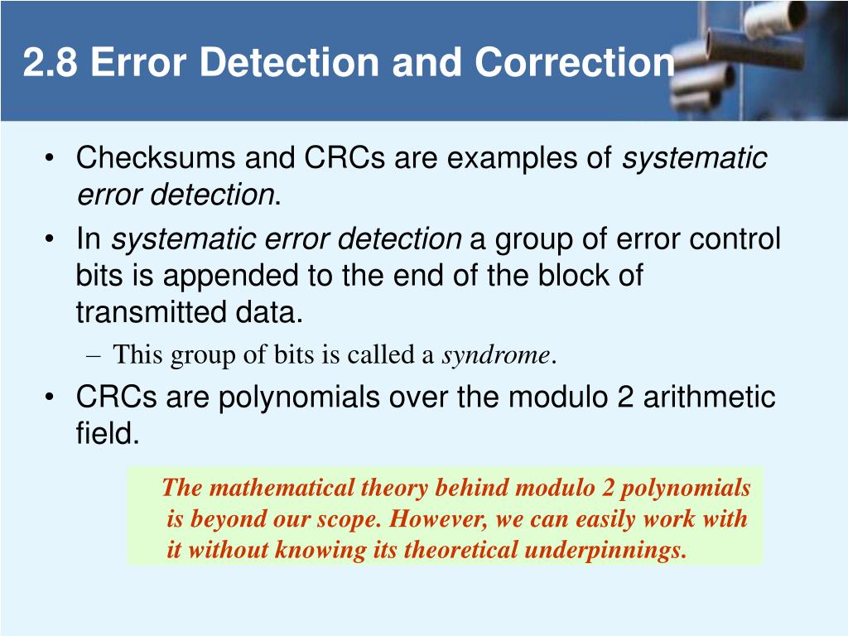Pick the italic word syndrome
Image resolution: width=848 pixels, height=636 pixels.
point(496,355)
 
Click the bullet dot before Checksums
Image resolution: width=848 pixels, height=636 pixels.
point(51,158)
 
